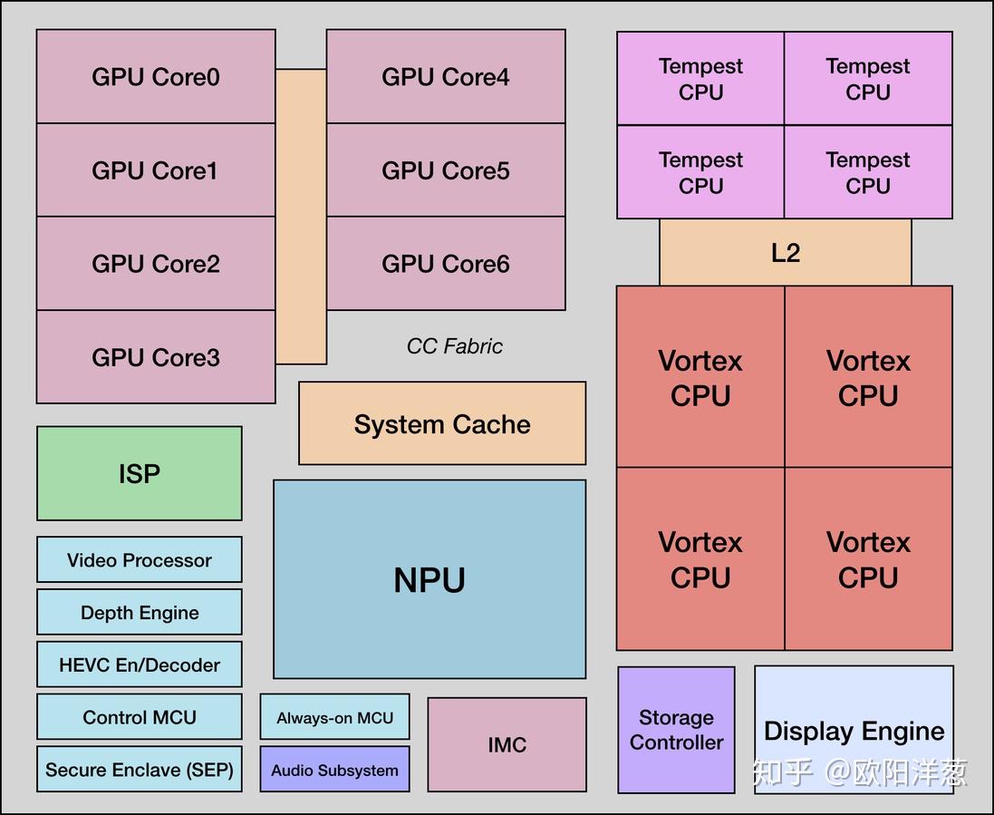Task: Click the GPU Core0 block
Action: click(156, 77)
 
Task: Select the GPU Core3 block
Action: click(156, 357)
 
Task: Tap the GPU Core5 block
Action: click(446, 170)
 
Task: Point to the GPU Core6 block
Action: click(446, 264)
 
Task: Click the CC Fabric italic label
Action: click(454, 346)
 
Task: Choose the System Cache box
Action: click(442, 424)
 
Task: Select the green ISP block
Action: click(140, 473)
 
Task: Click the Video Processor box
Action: click(140, 560)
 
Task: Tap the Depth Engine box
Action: click(140, 613)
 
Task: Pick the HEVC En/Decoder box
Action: click(140, 665)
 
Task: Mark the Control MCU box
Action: click(140, 717)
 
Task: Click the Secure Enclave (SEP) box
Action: click(140, 770)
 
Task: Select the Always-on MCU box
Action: click(335, 718)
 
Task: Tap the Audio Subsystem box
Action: click(335, 770)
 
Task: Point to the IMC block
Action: click(507, 745)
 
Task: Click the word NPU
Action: click(429, 580)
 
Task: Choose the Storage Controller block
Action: click(676, 730)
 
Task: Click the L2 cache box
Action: click(786, 253)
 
